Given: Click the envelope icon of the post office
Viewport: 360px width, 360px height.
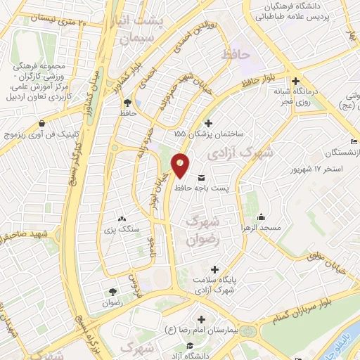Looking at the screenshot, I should (x=202, y=176).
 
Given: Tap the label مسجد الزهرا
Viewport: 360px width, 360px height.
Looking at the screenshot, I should (x=262, y=229).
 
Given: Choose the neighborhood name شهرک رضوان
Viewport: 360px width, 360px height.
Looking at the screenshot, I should (x=202, y=229).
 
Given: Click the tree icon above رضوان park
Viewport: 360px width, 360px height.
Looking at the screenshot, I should (x=112, y=291).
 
